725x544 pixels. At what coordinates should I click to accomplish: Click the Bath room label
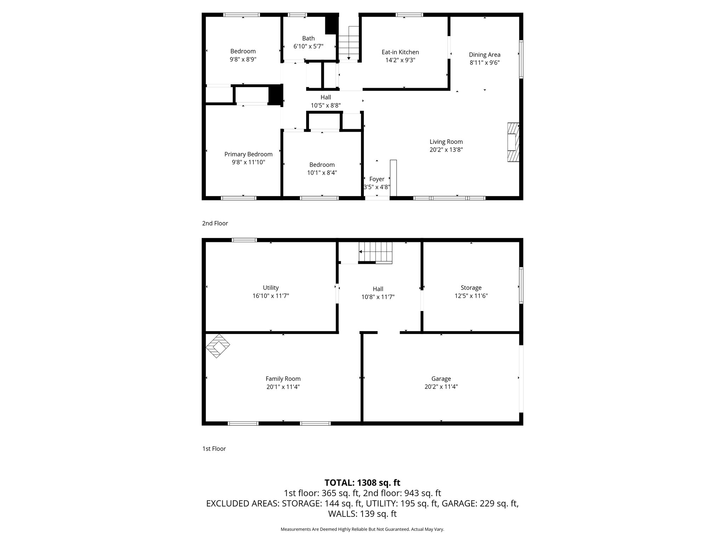pos(308,38)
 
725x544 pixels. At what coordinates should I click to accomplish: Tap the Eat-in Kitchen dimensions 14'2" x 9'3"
pos(400,60)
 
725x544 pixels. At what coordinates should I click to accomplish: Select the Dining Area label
pos(484,55)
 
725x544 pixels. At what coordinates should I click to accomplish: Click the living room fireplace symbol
pos(513,142)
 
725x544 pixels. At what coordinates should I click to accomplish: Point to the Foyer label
pos(377,179)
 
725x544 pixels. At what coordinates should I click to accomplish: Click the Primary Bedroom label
pos(248,154)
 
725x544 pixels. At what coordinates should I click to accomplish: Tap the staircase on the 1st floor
pos(376,252)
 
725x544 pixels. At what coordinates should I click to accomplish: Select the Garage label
pos(441,379)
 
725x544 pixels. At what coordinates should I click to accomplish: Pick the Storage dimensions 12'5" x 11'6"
pos(471,296)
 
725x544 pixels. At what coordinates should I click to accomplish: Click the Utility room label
pos(270,288)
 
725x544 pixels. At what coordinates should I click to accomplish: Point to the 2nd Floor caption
pos(215,223)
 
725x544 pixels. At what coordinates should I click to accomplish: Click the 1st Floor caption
pos(214,449)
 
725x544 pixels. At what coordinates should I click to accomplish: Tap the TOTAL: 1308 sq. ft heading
pos(362,482)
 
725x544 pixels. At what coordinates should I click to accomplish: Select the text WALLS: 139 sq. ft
pos(362,514)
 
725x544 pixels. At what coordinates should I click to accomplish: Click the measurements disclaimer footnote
pos(362,529)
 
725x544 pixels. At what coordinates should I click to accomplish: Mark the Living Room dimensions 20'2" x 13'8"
pos(446,150)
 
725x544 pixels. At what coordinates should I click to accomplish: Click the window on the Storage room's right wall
pos(521,285)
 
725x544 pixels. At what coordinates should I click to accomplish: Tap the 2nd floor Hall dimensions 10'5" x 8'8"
pos(326,106)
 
